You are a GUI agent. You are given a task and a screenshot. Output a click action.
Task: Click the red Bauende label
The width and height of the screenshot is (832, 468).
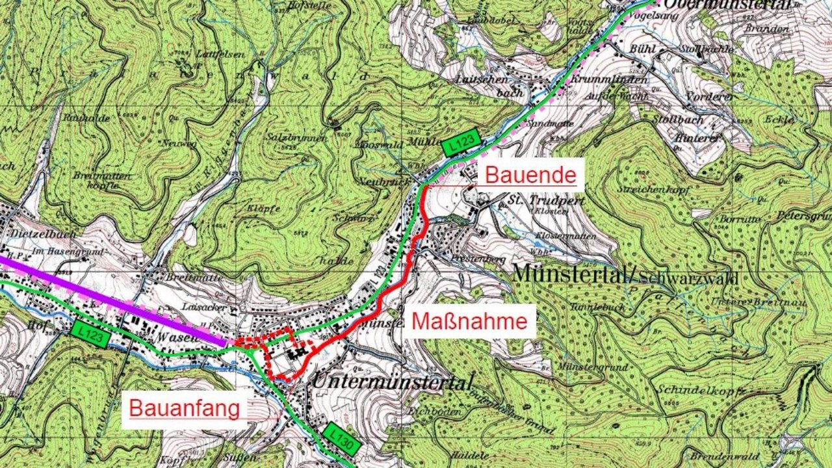pyautogui.click(x=530, y=175)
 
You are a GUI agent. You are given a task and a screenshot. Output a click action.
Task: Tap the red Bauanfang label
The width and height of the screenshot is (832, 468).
pyautogui.click(x=184, y=409)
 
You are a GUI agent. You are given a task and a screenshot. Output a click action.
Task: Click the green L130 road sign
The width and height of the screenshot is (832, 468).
pyautogui.click(x=341, y=440)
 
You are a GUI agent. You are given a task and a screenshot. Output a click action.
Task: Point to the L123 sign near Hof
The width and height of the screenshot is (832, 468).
pyautogui.click(x=89, y=333)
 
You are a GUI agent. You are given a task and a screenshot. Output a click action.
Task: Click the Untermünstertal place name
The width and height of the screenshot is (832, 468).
pyautogui.click(x=392, y=382)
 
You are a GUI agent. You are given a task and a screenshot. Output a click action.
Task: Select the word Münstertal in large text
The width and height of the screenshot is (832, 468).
pyautogui.click(x=571, y=274)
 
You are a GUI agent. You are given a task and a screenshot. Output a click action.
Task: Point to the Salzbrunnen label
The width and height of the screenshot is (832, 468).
pyautogui.click(x=291, y=138)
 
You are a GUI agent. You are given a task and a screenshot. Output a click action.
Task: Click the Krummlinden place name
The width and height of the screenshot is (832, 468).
pyautogui.click(x=610, y=79)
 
